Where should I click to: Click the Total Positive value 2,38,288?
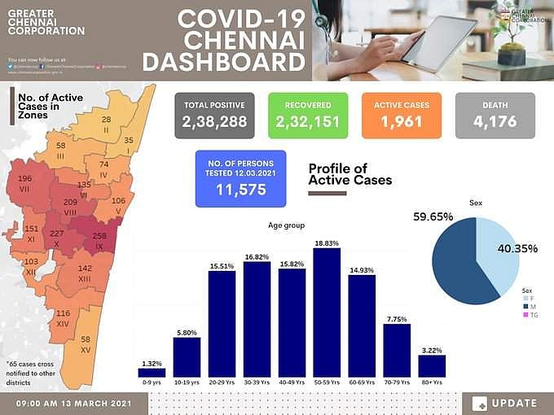(x=214, y=124)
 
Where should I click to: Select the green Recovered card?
(x=307, y=115)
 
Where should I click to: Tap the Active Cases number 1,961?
(x=400, y=124)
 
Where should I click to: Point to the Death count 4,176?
(x=495, y=124)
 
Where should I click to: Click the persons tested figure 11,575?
(x=240, y=189)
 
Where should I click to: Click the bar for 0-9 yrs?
(x=152, y=373)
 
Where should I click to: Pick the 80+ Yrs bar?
(x=432, y=366)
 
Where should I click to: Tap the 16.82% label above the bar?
(x=257, y=256)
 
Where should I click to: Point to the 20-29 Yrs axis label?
(x=222, y=382)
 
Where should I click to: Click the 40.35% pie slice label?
(x=519, y=248)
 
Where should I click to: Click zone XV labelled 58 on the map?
(x=86, y=343)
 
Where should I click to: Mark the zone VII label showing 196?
(x=24, y=183)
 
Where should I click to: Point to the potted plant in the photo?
(x=512, y=37)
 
